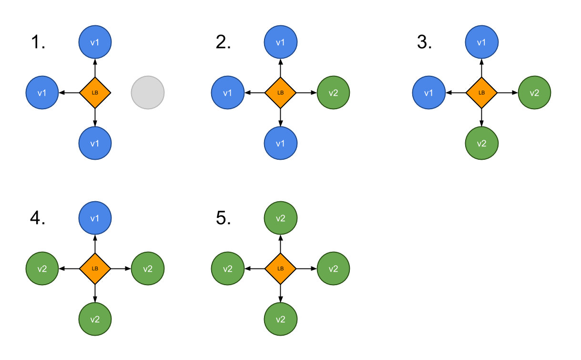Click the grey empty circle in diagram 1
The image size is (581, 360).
[x=148, y=92]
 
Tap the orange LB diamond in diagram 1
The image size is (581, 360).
[x=95, y=92]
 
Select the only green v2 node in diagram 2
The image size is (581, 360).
[x=333, y=92]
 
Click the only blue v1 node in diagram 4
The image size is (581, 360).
[x=95, y=218]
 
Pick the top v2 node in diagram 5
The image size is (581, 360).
[x=281, y=218]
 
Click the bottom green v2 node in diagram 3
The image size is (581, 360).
[x=481, y=143]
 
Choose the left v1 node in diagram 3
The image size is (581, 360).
[x=428, y=92]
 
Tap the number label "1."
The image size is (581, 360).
[x=38, y=43]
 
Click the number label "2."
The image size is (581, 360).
[x=223, y=43]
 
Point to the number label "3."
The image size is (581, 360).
[x=424, y=43]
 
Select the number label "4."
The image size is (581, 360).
[x=38, y=218]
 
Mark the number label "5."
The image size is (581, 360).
[x=223, y=218]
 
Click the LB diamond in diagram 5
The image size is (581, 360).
[x=281, y=268]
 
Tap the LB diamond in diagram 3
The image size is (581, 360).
[x=481, y=92]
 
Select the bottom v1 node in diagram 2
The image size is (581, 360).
[x=281, y=143]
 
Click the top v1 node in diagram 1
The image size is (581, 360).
[x=95, y=42]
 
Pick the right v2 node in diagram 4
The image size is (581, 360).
[x=148, y=268]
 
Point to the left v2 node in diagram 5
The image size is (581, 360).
[x=228, y=268]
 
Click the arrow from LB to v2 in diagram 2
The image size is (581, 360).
[x=307, y=92]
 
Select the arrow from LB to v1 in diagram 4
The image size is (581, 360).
[x=95, y=244]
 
